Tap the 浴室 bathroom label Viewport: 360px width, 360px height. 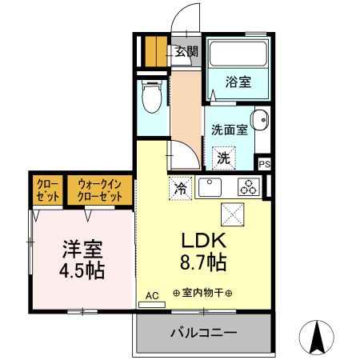pyautogui.click(x=237, y=82)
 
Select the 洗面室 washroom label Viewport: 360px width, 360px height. pyautogui.click(x=227, y=129)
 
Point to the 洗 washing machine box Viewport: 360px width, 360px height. pyautogui.click(x=223, y=158)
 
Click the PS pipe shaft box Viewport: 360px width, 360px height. pyautogui.click(x=264, y=164)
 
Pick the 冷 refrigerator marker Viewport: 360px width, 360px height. pyautogui.click(x=181, y=189)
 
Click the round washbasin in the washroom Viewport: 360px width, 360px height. pyautogui.click(x=259, y=122)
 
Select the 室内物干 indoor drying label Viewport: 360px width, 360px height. pyautogui.click(x=202, y=294)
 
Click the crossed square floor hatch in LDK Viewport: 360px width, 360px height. pyautogui.click(x=232, y=215)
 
